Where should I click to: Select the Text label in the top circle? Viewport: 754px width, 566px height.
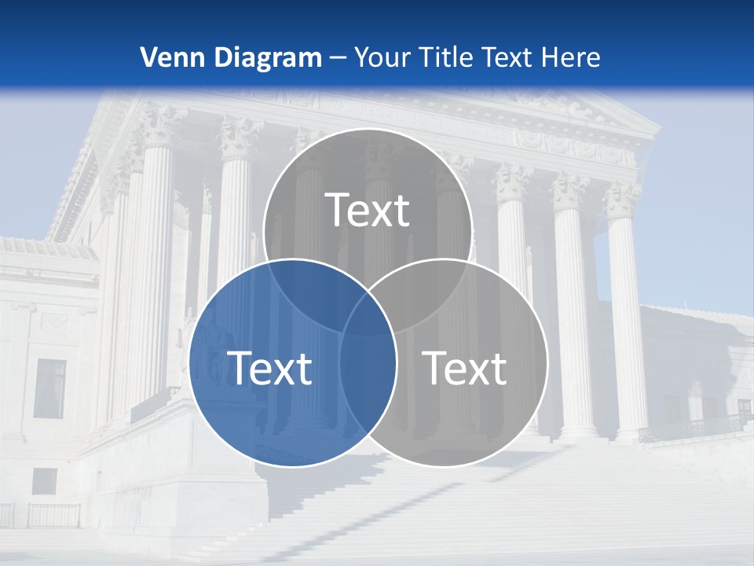[368, 210]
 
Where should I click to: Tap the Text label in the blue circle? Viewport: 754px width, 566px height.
[269, 367]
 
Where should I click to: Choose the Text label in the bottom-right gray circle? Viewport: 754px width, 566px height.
[464, 367]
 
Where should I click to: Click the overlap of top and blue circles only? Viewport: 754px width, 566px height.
[302, 283]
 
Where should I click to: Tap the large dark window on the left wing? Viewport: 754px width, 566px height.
[49, 388]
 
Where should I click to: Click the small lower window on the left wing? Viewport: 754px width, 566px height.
[45, 481]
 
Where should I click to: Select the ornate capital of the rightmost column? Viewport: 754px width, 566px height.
[622, 201]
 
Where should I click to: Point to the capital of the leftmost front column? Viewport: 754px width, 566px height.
[161, 126]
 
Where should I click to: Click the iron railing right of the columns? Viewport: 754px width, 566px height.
[691, 427]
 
